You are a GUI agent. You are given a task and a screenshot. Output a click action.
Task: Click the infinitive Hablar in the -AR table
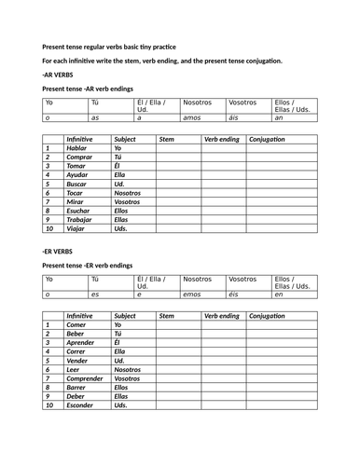(x=77, y=148)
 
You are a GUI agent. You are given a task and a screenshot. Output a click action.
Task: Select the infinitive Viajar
(x=76, y=228)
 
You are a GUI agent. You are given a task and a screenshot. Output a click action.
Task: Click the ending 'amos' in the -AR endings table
(x=193, y=118)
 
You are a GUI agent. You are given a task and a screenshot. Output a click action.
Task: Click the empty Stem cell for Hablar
(x=178, y=148)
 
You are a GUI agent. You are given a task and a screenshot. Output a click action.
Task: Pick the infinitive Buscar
(x=77, y=184)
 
